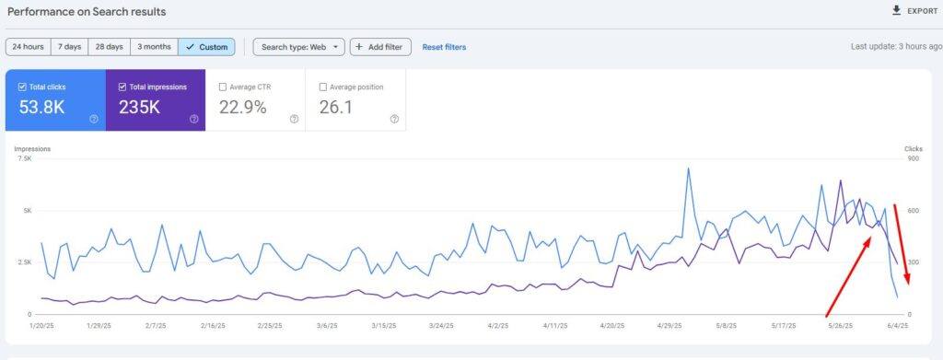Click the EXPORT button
pyautogui.click(x=914, y=11)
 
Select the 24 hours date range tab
pyautogui.click(x=28, y=46)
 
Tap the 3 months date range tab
pyautogui.click(x=154, y=46)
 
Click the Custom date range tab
pyautogui.click(x=206, y=46)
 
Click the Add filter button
pyautogui.click(x=380, y=46)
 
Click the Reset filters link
pyautogui.click(x=444, y=46)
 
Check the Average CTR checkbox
pyautogui.click(x=223, y=87)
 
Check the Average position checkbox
pyautogui.click(x=322, y=87)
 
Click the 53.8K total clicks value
pyautogui.click(x=42, y=107)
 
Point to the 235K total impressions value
pyautogui.click(x=140, y=107)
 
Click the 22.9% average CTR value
pyautogui.click(x=243, y=107)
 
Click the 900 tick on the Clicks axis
pyautogui.click(x=914, y=158)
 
